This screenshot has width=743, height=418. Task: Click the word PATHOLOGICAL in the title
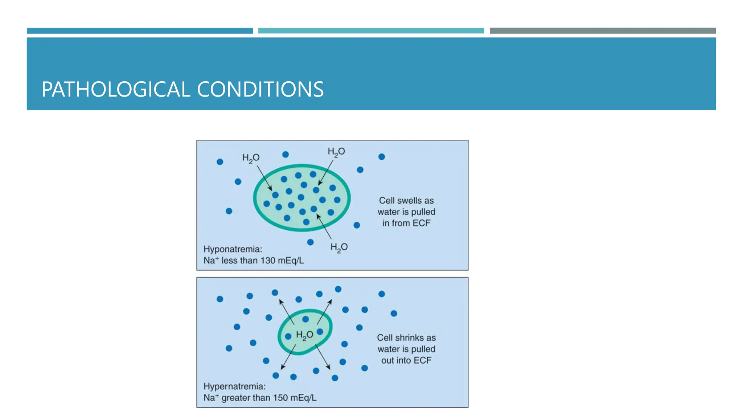tap(116, 89)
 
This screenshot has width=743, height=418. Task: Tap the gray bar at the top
tap(603, 31)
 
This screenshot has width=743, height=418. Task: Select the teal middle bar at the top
tap(371, 31)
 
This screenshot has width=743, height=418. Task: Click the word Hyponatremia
tap(233, 249)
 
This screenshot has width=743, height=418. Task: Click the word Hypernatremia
tap(234, 386)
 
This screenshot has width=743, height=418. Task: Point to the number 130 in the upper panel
tap(268, 261)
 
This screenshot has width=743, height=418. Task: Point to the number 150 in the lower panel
tap(280, 398)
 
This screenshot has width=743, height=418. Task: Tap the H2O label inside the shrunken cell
tap(304, 335)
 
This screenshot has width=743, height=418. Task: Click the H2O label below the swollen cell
tap(339, 247)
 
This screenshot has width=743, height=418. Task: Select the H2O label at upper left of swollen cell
tap(251, 158)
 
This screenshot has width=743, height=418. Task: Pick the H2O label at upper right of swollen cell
tap(336, 152)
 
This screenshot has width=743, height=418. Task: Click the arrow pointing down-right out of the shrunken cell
tap(323, 357)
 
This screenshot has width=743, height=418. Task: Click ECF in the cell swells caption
tap(421, 223)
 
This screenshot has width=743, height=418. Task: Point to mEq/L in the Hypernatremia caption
tap(303, 398)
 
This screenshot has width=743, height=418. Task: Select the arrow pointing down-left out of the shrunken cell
tap(288, 357)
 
